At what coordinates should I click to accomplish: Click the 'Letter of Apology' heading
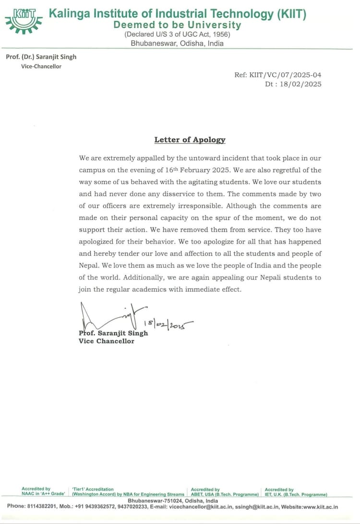(x=190, y=140)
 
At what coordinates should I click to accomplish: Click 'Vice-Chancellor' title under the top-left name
(x=41, y=66)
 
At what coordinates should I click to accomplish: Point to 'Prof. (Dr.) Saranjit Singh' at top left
(x=41, y=57)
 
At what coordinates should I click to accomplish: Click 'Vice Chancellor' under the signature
(x=106, y=341)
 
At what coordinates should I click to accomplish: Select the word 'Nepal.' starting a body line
(x=89, y=266)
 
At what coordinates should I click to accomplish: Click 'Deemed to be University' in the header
(x=177, y=25)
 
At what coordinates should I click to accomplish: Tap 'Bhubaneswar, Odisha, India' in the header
(x=177, y=43)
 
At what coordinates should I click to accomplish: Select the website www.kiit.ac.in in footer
(x=317, y=506)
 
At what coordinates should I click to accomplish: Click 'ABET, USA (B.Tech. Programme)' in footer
(x=225, y=494)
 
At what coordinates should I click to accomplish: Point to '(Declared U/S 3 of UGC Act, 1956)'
(x=177, y=35)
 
